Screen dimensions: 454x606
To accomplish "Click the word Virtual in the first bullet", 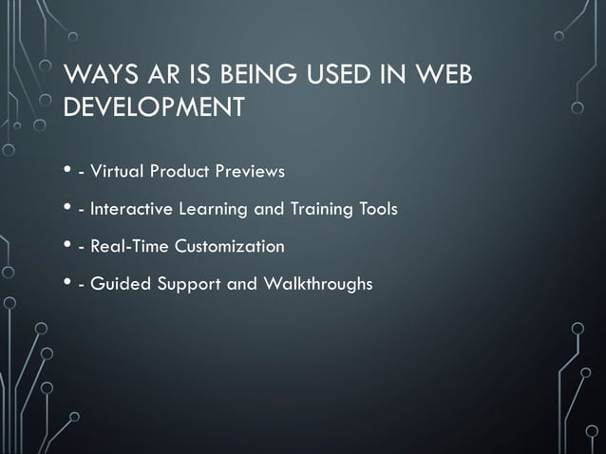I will point(119,172).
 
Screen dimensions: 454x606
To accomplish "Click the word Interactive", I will point(133,209).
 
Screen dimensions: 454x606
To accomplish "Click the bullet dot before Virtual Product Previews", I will point(68,172).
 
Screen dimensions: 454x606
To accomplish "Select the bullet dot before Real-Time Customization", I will point(68,247).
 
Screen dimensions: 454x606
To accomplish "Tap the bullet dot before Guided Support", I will point(68,284).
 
